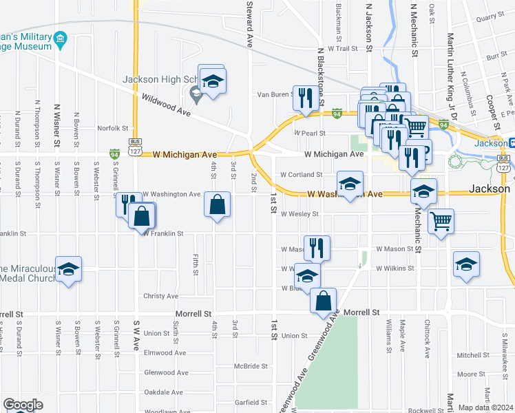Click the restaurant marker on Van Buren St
pyautogui.click(x=304, y=98)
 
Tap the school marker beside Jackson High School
pyautogui.click(x=213, y=81)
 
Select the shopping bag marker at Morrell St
pyautogui.click(x=323, y=301)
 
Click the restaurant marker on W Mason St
pyautogui.click(x=317, y=248)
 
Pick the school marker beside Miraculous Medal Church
pyautogui.click(x=68, y=269)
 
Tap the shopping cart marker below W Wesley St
pyautogui.click(x=441, y=222)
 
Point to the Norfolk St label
pyautogui.click(x=113, y=128)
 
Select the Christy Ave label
pyautogui.click(x=160, y=296)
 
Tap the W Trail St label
pyautogui.click(x=344, y=49)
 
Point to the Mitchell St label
pyautogui.click(x=472, y=355)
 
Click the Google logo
pyautogui.click(x=23, y=405)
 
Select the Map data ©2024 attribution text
pyautogui.click(x=485, y=407)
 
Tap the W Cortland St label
pyautogui.click(x=301, y=175)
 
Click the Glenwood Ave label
pyautogui.click(x=164, y=372)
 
